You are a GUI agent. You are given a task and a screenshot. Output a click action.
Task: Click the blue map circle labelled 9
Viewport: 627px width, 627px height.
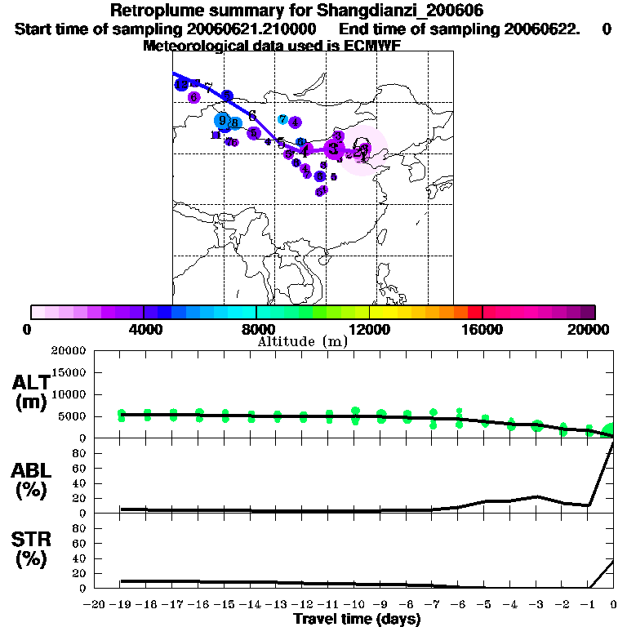tap(222, 120)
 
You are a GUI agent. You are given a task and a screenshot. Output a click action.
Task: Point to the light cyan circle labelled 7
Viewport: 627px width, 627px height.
tap(282, 119)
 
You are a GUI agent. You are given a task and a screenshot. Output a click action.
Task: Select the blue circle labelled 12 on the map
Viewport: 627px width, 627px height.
tap(182, 84)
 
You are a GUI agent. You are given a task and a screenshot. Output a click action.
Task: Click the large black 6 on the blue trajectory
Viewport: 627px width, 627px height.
tap(252, 115)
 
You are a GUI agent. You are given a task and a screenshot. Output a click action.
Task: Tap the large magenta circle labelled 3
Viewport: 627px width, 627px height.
tap(334, 149)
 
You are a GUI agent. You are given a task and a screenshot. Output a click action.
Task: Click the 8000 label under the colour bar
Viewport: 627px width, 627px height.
tap(256, 329)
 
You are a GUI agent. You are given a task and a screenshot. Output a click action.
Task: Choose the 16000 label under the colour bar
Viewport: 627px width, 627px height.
tap(482, 329)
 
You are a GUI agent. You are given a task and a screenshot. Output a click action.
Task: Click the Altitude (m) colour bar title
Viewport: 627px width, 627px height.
tap(303, 341)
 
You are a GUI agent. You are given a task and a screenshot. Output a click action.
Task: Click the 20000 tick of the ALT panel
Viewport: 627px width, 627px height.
tap(68, 351)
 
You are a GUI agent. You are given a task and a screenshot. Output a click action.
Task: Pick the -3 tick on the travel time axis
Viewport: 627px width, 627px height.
tap(535, 604)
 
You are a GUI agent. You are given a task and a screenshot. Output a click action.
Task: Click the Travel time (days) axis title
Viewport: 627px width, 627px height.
tap(357, 619)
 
